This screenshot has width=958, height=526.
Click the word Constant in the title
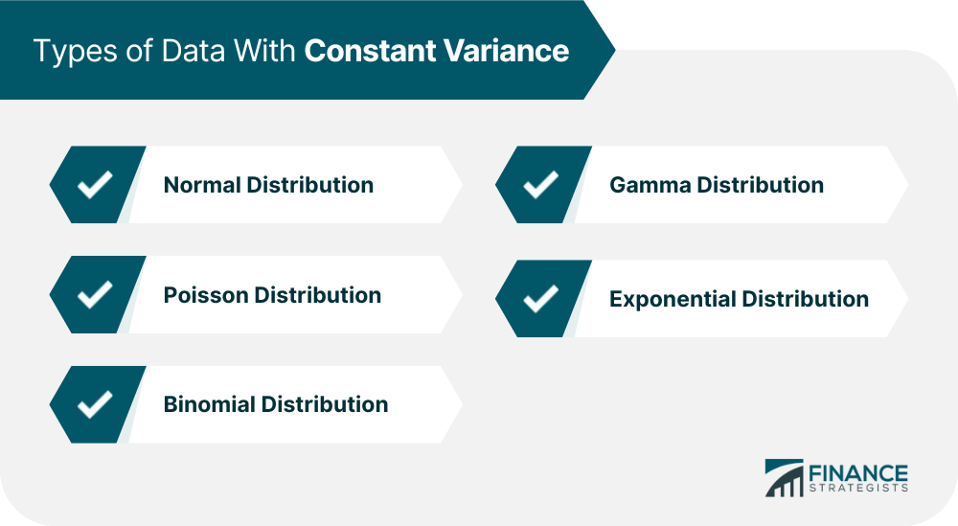click(x=370, y=50)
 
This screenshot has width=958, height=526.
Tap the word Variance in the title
click(x=507, y=50)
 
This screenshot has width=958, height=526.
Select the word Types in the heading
click(x=76, y=52)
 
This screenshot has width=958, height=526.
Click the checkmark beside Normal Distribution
click(x=95, y=185)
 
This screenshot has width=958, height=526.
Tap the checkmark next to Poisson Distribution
click(x=95, y=294)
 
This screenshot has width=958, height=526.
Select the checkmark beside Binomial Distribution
click(x=95, y=404)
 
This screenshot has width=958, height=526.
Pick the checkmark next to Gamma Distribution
click(x=541, y=185)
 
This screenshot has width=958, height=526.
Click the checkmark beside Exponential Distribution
click(x=541, y=299)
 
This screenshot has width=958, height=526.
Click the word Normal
click(x=201, y=185)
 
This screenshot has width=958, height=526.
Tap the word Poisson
click(x=205, y=295)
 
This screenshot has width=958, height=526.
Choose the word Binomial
click(x=209, y=404)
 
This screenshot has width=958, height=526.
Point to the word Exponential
click(x=673, y=299)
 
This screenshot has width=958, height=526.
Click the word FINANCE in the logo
click(x=858, y=473)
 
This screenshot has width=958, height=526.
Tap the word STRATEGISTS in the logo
click(x=858, y=488)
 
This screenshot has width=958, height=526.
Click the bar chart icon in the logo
click(x=784, y=478)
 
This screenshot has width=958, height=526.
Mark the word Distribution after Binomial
click(x=325, y=404)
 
